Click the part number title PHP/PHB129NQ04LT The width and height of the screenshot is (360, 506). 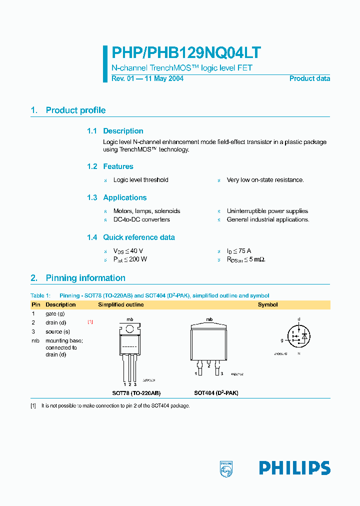(186, 53)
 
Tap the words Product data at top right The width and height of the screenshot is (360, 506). (309, 78)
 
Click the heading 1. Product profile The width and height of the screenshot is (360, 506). (68, 110)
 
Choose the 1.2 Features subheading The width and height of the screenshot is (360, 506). (110, 166)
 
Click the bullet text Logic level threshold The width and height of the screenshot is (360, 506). (140, 180)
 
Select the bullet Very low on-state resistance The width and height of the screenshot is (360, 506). (265, 180)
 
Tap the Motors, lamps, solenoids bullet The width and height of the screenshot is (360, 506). (146, 211)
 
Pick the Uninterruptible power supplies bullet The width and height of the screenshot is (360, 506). (267, 211)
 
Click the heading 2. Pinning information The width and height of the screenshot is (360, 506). (78, 278)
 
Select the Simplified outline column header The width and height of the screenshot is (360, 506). (120, 304)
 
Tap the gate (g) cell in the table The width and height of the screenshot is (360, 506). (55, 313)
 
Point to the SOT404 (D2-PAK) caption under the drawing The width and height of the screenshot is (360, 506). (216, 393)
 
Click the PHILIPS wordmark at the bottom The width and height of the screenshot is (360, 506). (294, 468)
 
